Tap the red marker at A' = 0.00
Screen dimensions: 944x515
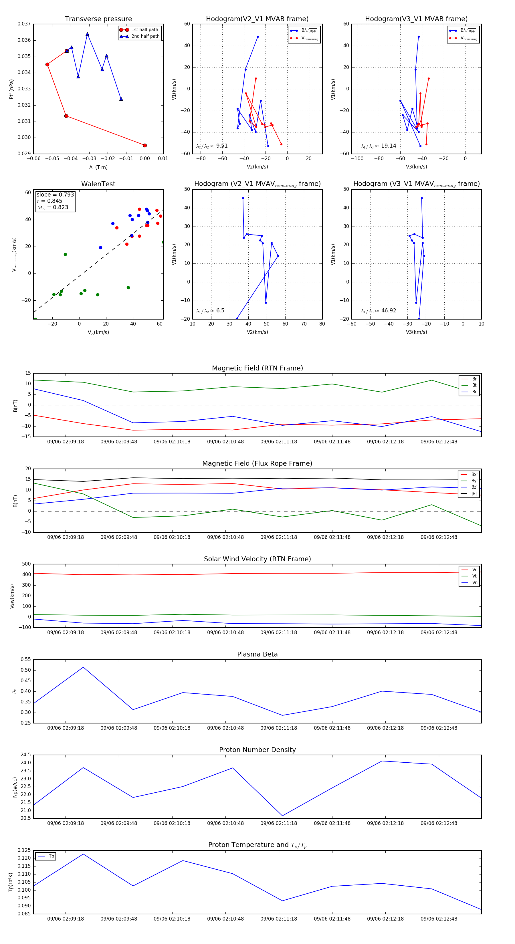(x=145, y=146)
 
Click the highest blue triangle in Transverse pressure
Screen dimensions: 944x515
(x=87, y=34)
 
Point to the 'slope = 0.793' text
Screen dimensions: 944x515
(x=55, y=195)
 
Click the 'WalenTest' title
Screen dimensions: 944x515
(x=98, y=184)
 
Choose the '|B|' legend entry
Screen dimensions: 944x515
(x=474, y=494)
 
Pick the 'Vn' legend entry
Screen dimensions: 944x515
(x=474, y=583)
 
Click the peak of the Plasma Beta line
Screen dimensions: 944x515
(x=83, y=667)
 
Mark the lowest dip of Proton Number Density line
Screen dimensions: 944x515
(x=282, y=816)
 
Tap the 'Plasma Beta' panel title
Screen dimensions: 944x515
(x=257, y=655)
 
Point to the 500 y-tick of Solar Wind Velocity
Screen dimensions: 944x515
(x=26, y=564)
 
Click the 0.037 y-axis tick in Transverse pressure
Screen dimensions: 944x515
(x=24, y=24)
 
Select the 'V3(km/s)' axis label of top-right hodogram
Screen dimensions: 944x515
(x=416, y=167)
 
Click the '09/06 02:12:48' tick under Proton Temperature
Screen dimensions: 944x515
(x=439, y=919)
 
